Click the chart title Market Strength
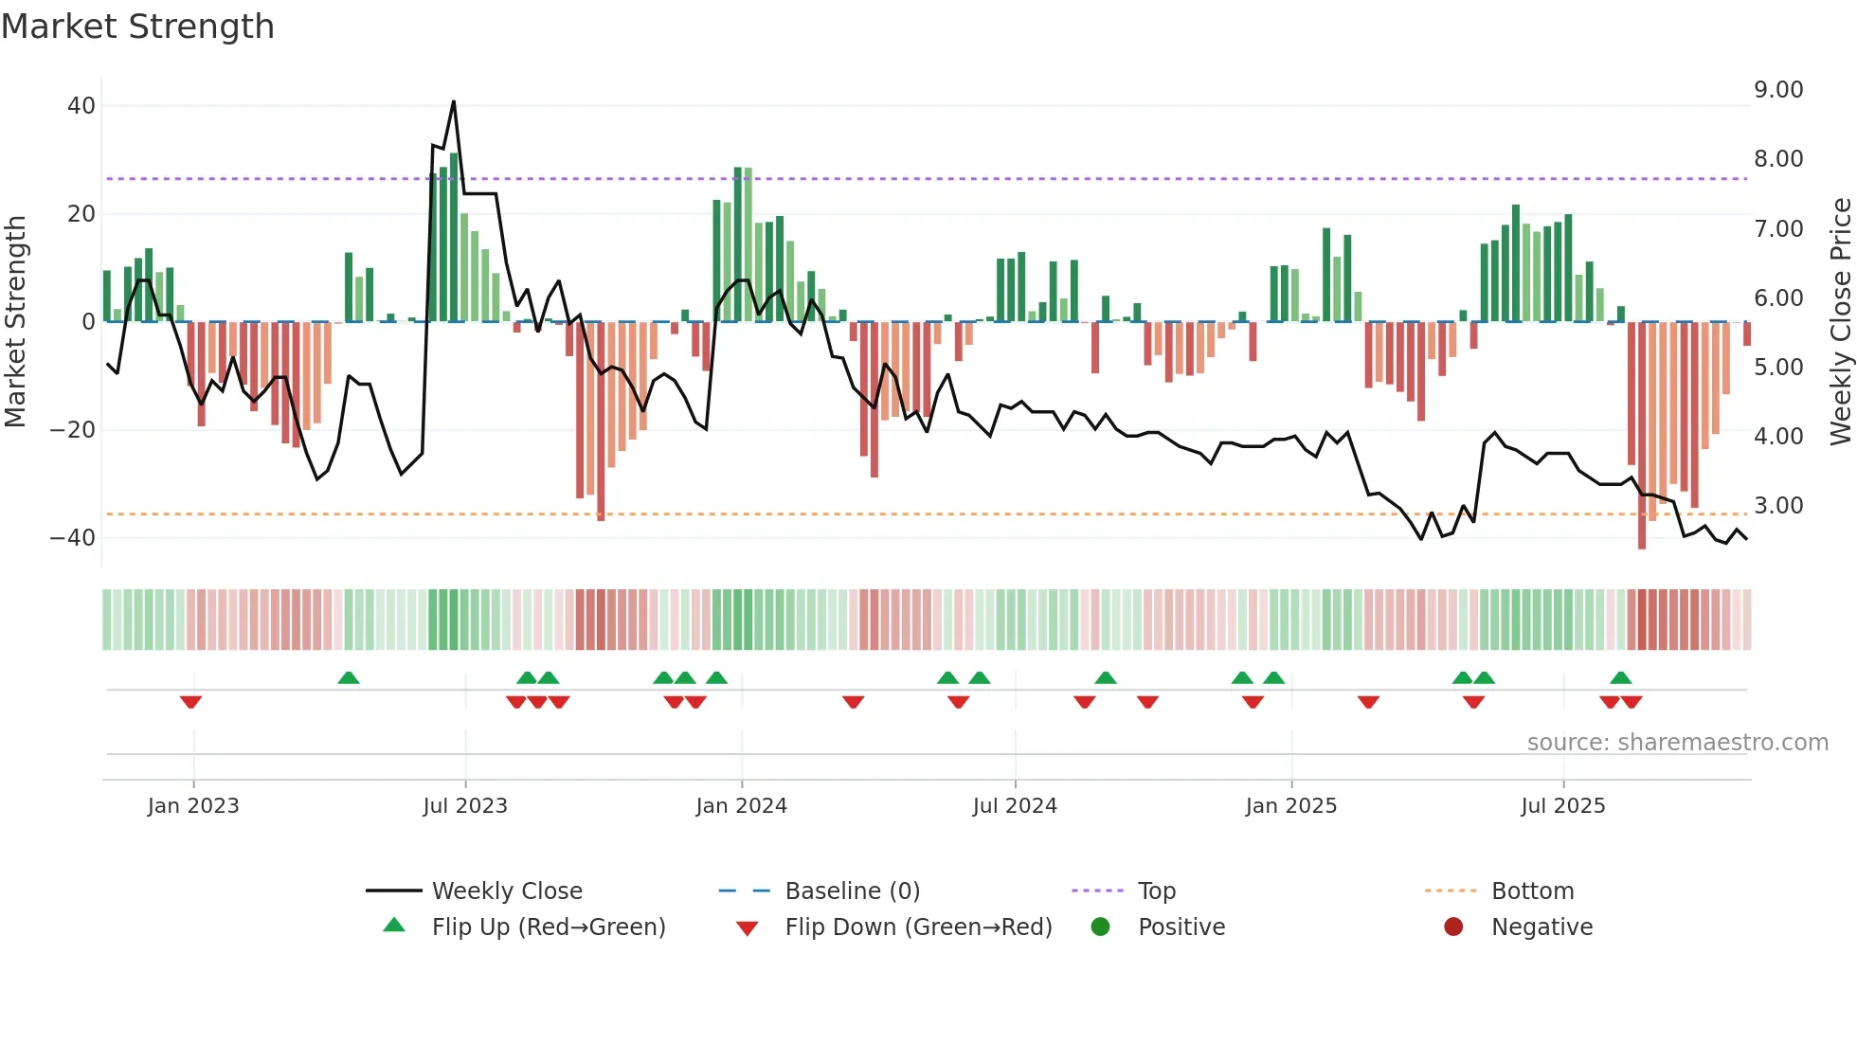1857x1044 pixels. pos(137,27)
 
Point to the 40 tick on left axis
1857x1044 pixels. pos(81,106)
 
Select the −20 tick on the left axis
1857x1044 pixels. pos(72,430)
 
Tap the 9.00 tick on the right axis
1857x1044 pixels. pos(1777,90)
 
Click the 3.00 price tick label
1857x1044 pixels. pos(1777,506)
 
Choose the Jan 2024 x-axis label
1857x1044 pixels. pos(741,806)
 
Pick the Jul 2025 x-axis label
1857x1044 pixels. pos(1562,806)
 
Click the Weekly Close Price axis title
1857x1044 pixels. pos(1840,322)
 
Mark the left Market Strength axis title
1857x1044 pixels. pos(15,322)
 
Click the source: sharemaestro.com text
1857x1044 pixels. pos(1677,743)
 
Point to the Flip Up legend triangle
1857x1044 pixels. pos(394,926)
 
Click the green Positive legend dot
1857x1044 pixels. pos(1100,927)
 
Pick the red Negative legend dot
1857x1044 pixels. pos(1453,927)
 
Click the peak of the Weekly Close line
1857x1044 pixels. pos(454,101)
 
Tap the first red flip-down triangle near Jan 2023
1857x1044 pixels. pos(190,702)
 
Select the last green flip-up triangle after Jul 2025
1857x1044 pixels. pos(1620,677)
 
